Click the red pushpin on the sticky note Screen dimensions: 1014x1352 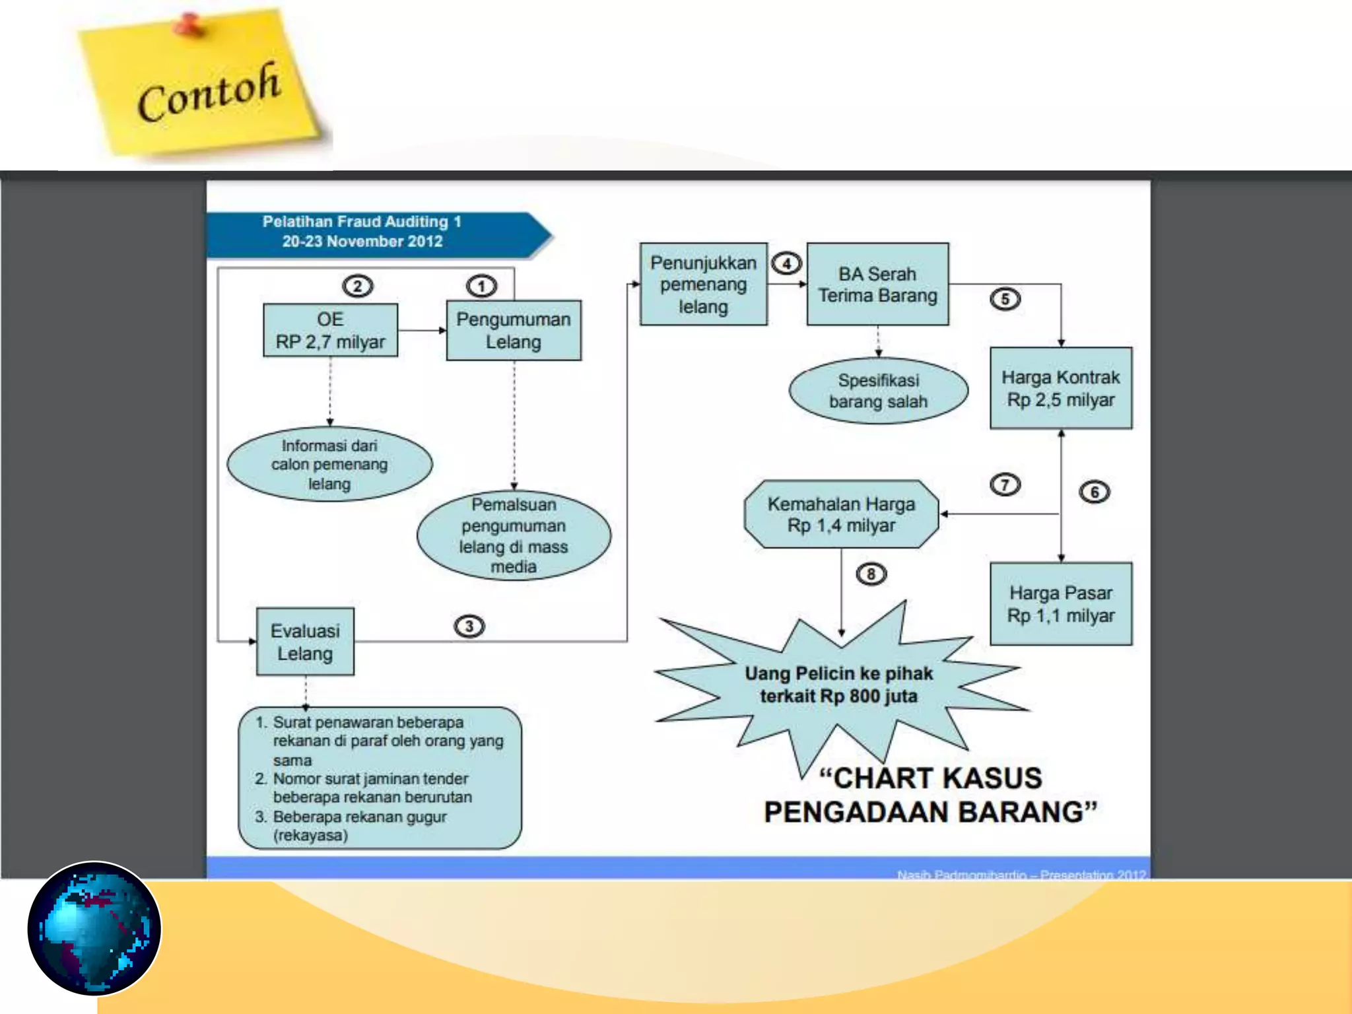pyautogui.click(x=189, y=25)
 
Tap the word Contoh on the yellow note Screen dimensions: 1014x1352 pyautogui.click(x=209, y=92)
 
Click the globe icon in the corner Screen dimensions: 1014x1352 pyautogui.click(x=94, y=928)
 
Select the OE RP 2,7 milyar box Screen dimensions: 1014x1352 pyautogui.click(x=330, y=330)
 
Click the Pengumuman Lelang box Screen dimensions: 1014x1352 pyautogui.click(x=514, y=330)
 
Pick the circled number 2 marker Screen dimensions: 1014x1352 pyautogui.click(x=357, y=286)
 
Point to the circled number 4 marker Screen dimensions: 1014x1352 pyautogui.click(x=786, y=263)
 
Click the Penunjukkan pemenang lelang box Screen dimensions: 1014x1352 pyautogui.click(x=703, y=284)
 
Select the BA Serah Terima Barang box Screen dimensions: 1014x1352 pyautogui.click(x=877, y=284)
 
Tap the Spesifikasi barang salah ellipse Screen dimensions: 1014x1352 pyautogui.click(x=878, y=390)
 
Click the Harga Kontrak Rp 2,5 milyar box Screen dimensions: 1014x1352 pyautogui.click(x=1060, y=388)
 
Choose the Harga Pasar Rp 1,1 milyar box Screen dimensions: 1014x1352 pyautogui.click(x=1060, y=603)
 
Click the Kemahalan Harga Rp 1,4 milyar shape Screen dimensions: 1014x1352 pyautogui.click(x=841, y=514)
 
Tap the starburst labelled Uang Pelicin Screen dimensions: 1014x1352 pyautogui.click(x=838, y=685)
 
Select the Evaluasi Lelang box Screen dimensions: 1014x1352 pyautogui.click(x=305, y=641)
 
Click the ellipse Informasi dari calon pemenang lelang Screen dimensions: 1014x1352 pyautogui.click(x=329, y=464)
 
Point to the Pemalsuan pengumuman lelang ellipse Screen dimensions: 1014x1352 pyautogui.click(x=514, y=535)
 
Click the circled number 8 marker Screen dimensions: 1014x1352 pyautogui.click(x=871, y=574)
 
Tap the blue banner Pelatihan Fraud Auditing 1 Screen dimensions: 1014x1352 pyautogui.click(x=370, y=232)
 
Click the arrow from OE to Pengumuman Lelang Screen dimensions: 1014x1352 pyautogui.click(x=422, y=330)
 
